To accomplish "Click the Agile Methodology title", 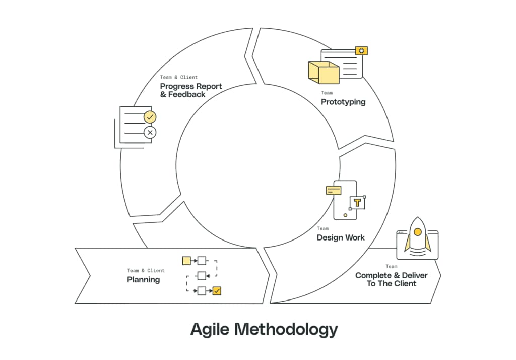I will click(264, 329).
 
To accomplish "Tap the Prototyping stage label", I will click(343, 102).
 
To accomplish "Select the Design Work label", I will click(341, 237).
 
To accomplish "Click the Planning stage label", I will click(143, 280).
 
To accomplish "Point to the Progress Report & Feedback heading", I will click(191, 90).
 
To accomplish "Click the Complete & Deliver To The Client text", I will click(391, 279).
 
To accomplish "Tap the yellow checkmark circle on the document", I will click(150, 117).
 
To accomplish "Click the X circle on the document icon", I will click(150, 133).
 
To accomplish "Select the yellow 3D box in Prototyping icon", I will click(323, 73).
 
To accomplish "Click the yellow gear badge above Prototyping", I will click(361, 50).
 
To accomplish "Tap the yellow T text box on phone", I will click(357, 203).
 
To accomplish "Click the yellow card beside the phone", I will click(334, 190).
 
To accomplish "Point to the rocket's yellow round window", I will click(417, 232).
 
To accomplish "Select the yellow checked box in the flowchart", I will click(217, 290).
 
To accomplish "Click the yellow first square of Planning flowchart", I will click(186, 261).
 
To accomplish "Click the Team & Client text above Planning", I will click(146, 271).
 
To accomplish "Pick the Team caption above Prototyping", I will click(327, 93).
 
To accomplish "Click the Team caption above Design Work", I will click(322, 228).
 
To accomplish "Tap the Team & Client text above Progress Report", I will click(179, 77).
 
